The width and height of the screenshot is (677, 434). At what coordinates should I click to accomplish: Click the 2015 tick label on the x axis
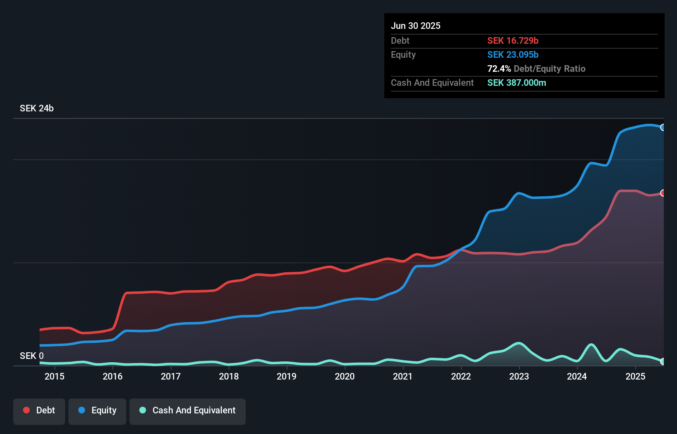click(x=54, y=376)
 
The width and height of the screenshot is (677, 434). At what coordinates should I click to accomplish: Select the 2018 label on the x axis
click(x=229, y=376)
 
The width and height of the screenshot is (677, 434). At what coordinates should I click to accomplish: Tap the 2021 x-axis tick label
click(x=403, y=376)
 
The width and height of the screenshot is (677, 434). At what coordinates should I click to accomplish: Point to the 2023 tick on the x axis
click(x=519, y=376)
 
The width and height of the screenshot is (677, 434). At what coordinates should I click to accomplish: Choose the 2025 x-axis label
click(x=635, y=376)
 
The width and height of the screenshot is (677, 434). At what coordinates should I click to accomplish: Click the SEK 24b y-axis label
click(x=37, y=108)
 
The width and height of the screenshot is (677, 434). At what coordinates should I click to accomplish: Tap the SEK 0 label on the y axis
click(x=32, y=356)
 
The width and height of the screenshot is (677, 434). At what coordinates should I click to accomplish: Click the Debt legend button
click(x=39, y=410)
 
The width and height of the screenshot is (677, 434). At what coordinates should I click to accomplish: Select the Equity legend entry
click(x=97, y=410)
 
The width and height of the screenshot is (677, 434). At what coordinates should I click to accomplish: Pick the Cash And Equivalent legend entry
click(x=188, y=410)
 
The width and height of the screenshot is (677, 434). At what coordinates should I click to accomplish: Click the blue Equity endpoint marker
click(x=663, y=127)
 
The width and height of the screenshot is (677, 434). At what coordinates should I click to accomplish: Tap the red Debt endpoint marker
click(x=663, y=193)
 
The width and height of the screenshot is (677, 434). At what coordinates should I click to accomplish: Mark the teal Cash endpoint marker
click(x=663, y=361)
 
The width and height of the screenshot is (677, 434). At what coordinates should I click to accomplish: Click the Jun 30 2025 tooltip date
click(x=416, y=26)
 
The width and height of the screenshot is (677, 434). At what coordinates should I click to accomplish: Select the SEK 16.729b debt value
click(x=513, y=40)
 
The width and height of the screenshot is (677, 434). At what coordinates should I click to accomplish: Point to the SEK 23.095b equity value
click(x=513, y=54)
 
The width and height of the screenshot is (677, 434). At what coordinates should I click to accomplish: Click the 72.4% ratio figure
click(x=499, y=68)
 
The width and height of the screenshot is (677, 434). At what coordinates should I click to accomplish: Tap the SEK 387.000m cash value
click(x=517, y=83)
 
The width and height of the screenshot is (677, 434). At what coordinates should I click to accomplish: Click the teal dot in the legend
click(x=143, y=410)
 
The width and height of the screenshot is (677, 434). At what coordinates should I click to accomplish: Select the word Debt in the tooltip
click(x=400, y=40)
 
